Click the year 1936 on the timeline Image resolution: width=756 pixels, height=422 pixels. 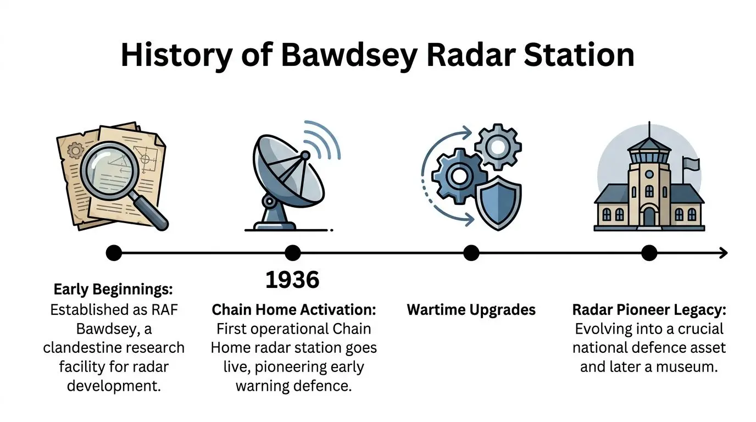(x=292, y=280)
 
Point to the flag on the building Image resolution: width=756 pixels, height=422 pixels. (x=691, y=163)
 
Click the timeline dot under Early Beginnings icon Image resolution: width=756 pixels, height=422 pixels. (x=114, y=253)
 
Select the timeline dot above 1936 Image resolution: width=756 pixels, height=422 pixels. (x=293, y=253)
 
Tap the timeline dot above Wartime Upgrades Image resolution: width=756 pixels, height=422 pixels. (x=471, y=253)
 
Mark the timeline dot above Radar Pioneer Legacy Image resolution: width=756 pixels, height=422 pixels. (x=649, y=253)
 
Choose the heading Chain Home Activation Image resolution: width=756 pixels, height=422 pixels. (x=294, y=310)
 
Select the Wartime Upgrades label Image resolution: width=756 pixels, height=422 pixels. (x=471, y=310)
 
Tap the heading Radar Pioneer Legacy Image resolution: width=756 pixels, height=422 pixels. (x=649, y=310)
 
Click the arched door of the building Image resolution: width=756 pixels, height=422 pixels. (x=649, y=216)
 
